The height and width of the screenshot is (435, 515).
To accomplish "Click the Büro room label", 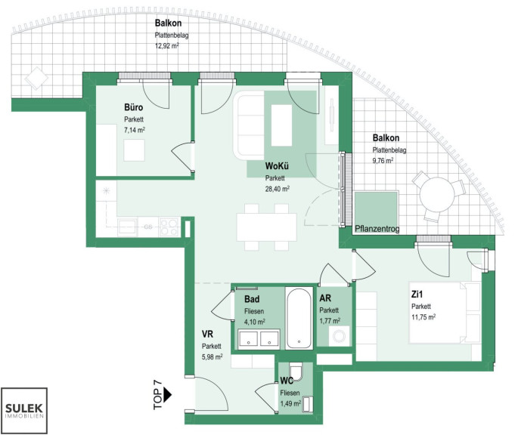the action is click(133, 107).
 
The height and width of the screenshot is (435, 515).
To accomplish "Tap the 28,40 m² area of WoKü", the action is click(278, 189).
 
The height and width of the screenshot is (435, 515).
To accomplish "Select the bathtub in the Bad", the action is click(299, 318).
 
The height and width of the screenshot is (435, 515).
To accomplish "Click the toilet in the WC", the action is click(297, 372).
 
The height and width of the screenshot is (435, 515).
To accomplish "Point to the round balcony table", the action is click(438, 195).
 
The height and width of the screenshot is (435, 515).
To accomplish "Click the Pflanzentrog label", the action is click(377, 229).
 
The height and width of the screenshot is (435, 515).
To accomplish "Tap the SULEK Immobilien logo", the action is click(24, 411).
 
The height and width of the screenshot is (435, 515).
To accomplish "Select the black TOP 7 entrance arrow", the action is click(167, 395).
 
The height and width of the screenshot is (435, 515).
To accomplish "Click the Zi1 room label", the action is click(417, 295).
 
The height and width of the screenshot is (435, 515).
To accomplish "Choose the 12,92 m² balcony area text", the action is click(167, 45).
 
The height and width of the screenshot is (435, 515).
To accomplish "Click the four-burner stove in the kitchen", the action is click(169, 227).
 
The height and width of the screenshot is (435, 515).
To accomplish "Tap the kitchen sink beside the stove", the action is click(128, 227).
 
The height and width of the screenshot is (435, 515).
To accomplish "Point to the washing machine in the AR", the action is click(339, 336).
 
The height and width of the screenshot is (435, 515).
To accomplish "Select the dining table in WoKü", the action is click(267, 227).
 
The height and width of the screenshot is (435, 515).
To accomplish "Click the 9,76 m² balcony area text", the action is click(383, 160).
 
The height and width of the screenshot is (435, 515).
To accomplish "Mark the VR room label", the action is click(207, 334).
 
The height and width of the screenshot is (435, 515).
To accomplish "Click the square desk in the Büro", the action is click(134, 150).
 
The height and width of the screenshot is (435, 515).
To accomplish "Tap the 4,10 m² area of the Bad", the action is click(255, 322).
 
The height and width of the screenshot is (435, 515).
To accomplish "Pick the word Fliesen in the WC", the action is click(290, 393).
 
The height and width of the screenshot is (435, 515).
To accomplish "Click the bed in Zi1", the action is click(445, 313).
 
